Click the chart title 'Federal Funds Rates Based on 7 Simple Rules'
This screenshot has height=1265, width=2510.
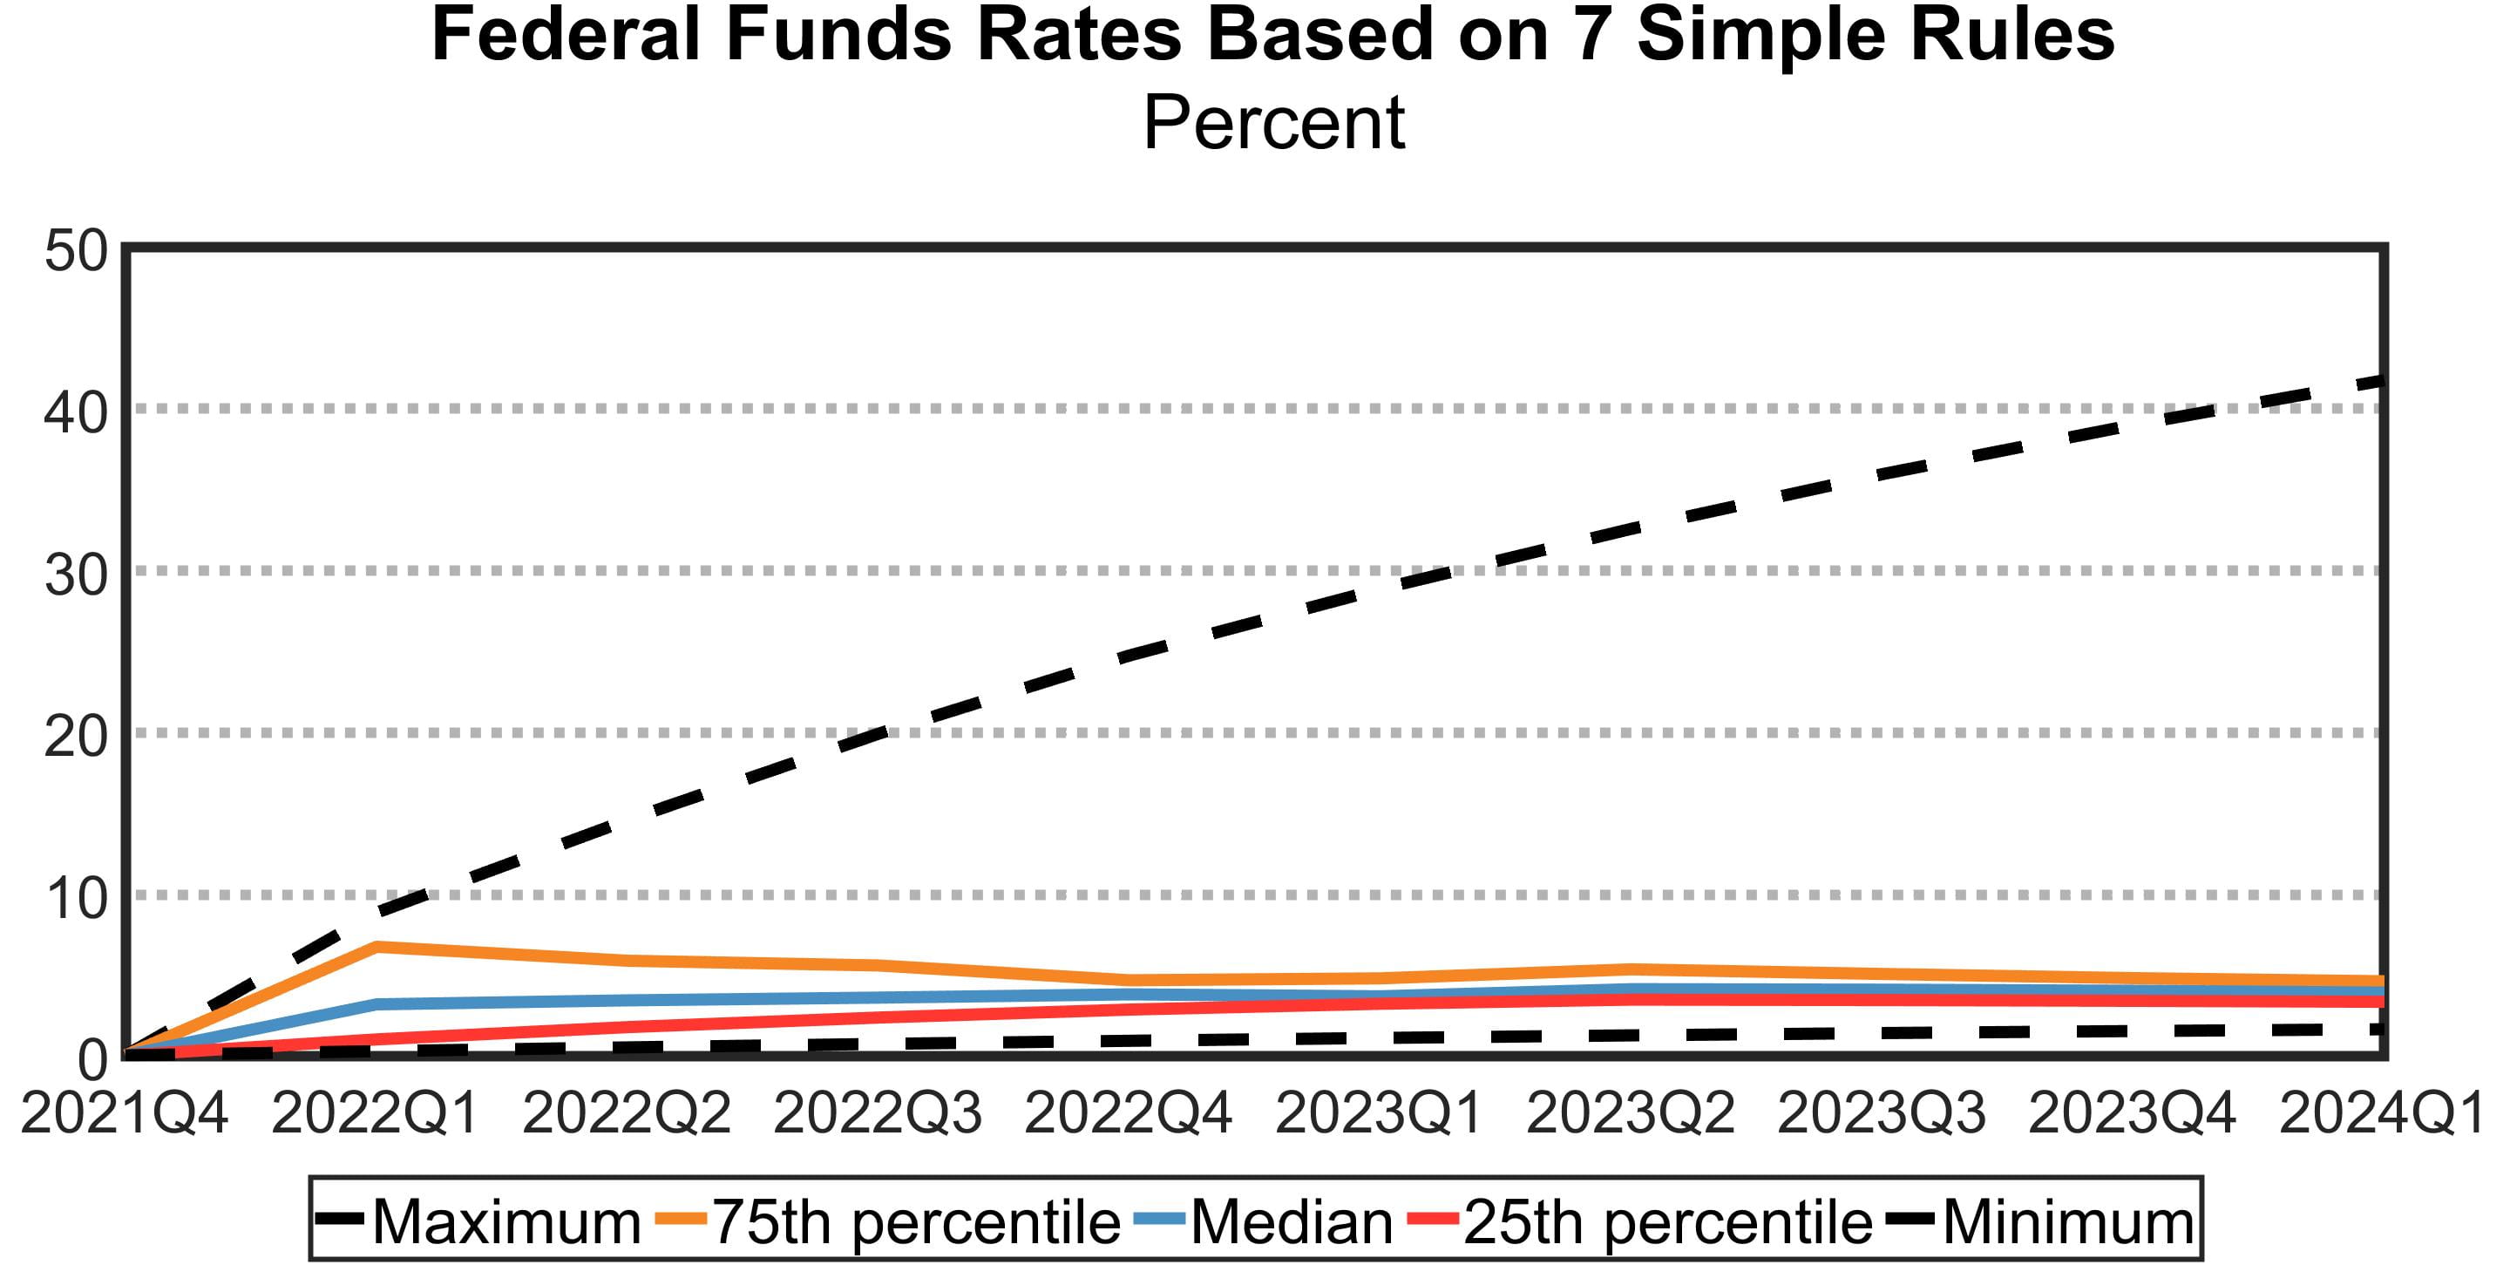[1272, 35]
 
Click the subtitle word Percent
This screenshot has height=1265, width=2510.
[1272, 124]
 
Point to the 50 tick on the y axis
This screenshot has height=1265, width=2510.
[76, 250]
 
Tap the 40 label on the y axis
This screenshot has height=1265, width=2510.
[76, 412]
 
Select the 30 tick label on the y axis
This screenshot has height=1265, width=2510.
[76, 575]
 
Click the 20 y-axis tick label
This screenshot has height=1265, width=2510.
[76, 737]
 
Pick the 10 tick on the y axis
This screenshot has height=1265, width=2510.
[76, 899]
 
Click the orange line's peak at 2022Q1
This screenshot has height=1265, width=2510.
[376, 945]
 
